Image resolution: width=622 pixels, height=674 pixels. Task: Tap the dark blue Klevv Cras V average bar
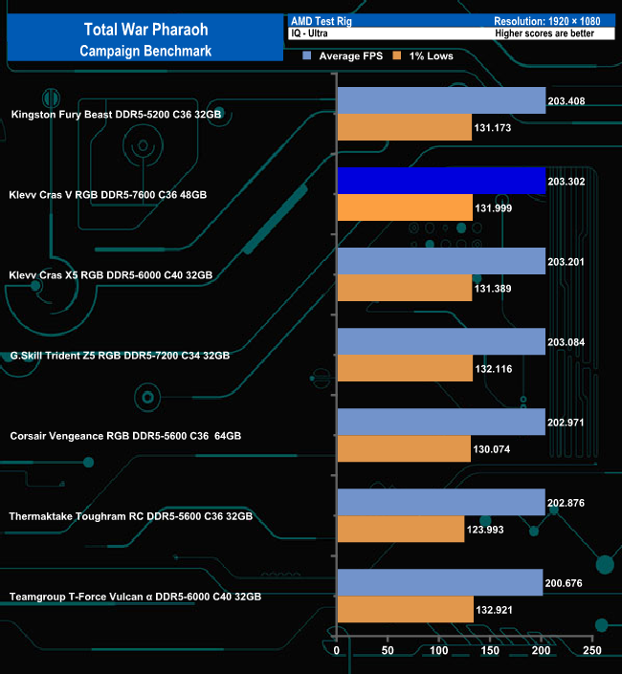(441, 181)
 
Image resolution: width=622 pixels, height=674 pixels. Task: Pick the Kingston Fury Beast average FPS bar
(441, 100)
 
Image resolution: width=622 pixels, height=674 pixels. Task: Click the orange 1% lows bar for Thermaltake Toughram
(400, 529)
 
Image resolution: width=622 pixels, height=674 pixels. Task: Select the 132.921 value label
(496, 609)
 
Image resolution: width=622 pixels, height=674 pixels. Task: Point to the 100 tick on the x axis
(439, 651)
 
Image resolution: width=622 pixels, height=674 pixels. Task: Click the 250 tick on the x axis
(592, 651)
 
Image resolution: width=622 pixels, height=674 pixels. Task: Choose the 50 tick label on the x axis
(388, 651)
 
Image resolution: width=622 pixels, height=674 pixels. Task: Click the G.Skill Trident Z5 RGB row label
(120, 355)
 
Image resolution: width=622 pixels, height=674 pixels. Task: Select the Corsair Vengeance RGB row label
(125, 435)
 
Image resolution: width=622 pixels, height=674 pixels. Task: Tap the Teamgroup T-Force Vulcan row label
(135, 596)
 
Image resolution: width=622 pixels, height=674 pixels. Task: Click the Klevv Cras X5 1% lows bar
(405, 288)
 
